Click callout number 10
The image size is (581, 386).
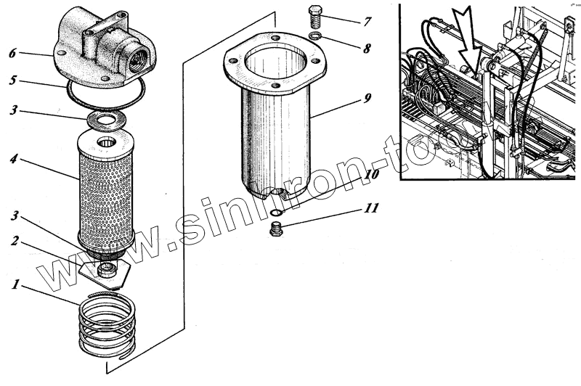tap(370, 175)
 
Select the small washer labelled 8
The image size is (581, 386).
tap(314, 36)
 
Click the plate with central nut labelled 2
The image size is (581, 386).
tap(106, 271)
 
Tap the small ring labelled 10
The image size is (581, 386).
tap(276, 213)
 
